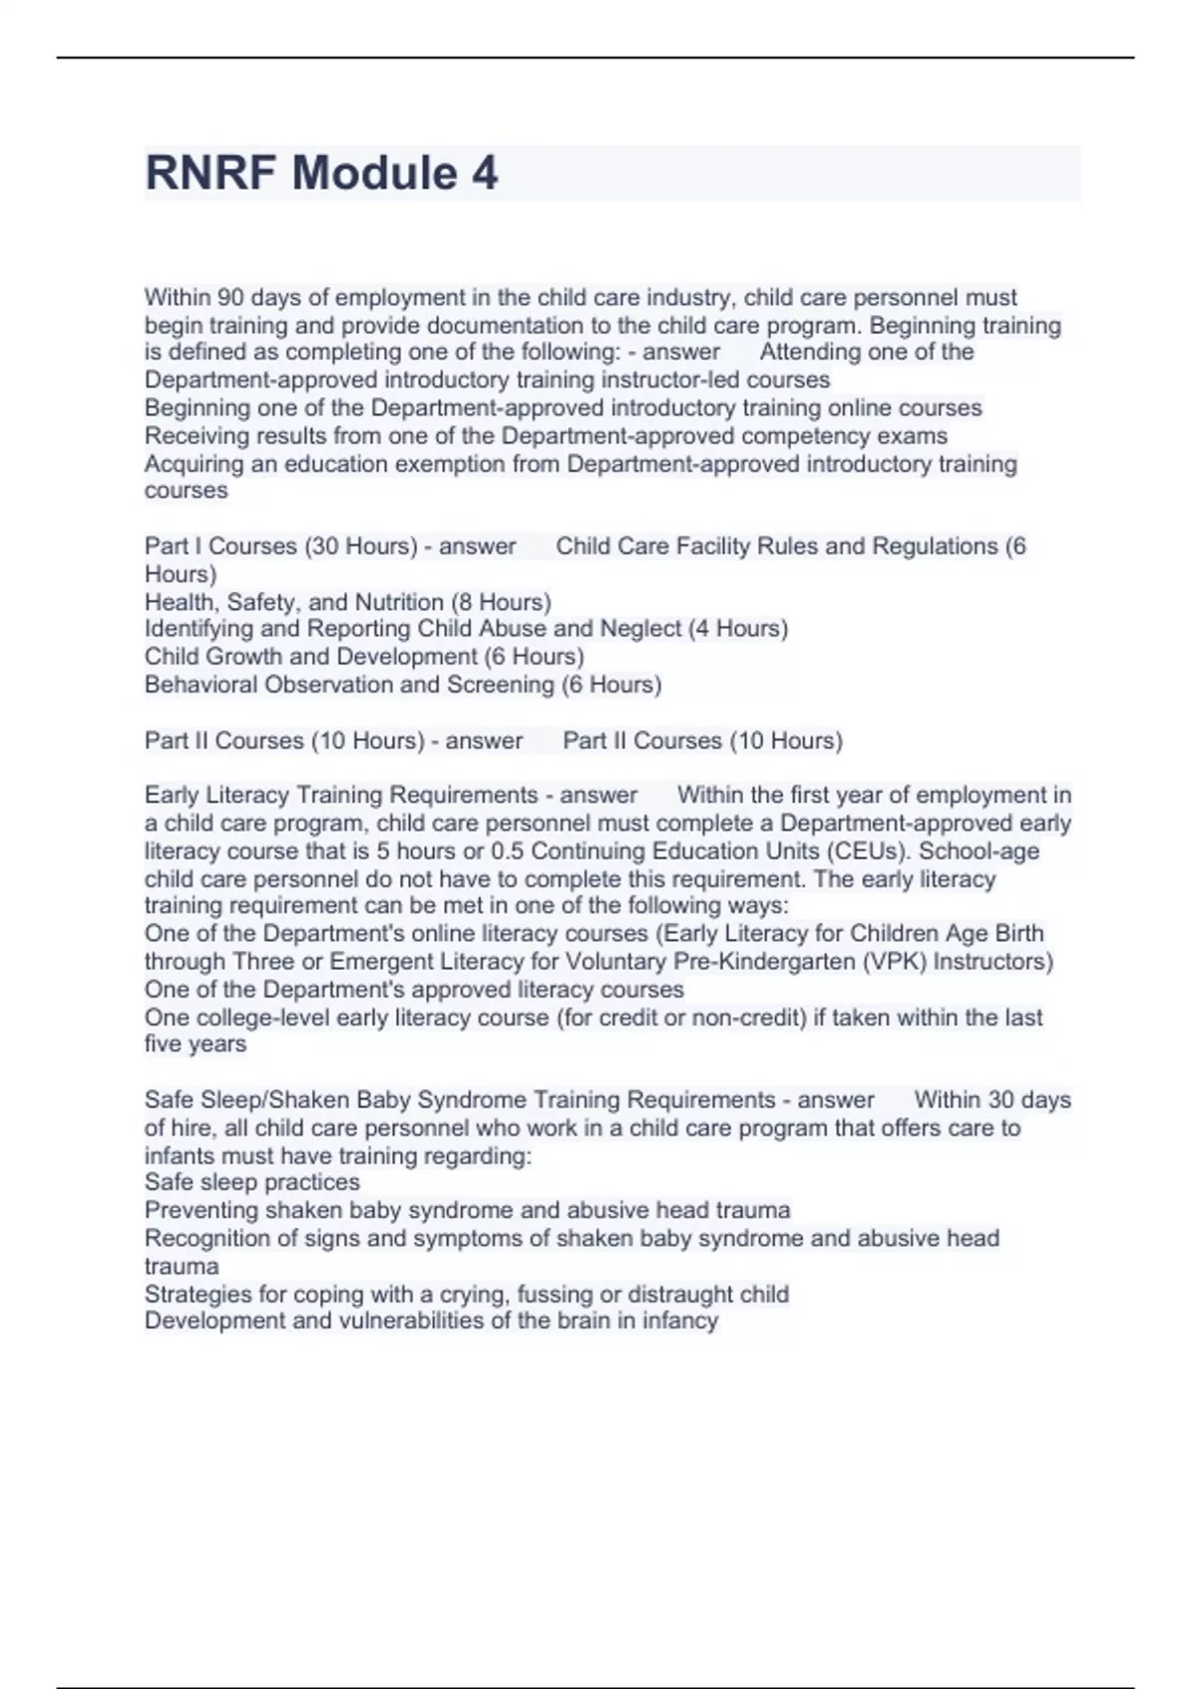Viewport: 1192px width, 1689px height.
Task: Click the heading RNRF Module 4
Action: tap(322, 173)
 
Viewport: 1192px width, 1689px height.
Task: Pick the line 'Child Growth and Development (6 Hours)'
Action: tap(365, 657)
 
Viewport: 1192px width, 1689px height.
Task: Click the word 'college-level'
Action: tap(260, 1017)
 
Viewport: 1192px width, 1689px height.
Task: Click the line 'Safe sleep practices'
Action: tap(252, 1182)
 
